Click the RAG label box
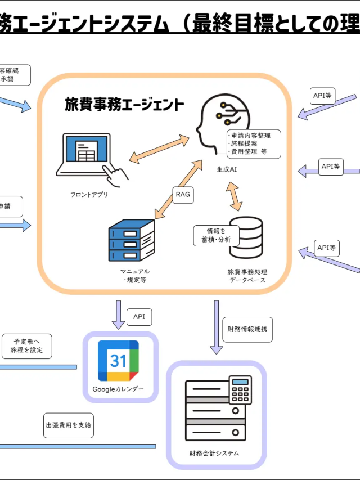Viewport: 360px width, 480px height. coord(183,195)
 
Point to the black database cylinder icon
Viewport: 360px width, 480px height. coord(246,238)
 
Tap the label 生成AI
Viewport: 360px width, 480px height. coord(227,169)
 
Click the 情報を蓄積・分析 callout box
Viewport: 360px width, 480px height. coord(217,236)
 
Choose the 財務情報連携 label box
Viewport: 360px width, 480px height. coord(247,330)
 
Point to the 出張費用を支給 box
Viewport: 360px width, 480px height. coord(68,425)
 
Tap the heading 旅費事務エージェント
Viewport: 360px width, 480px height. coord(124,105)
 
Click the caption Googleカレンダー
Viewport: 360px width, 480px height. coord(118,389)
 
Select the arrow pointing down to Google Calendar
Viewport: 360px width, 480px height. coord(118,314)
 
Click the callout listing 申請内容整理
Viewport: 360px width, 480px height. coord(253,144)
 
